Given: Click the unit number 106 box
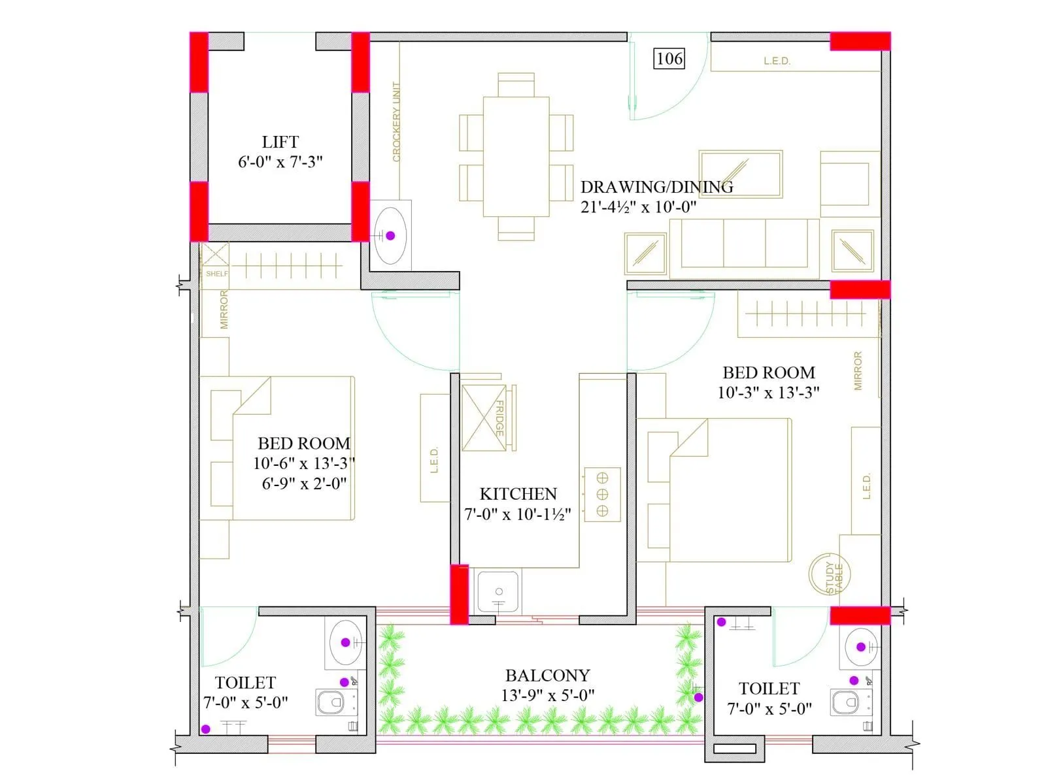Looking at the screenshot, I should tap(669, 59).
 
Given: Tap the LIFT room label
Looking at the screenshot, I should tap(280, 142).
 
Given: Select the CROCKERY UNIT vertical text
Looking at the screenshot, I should tap(396, 122).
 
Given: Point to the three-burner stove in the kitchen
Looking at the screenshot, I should tap(602, 494).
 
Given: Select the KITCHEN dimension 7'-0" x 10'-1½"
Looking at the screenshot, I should tap(518, 515).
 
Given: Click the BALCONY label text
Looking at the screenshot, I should tap(547, 676).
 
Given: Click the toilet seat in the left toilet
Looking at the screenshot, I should tap(331, 703).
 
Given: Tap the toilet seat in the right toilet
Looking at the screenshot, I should tap(847, 703).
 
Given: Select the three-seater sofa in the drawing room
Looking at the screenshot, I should tap(744, 245).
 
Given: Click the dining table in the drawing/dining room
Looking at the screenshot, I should tap(516, 156).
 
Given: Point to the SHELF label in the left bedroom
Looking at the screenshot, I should tap(216, 274).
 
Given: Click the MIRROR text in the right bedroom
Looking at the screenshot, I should tap(858, 371).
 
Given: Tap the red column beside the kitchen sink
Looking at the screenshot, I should tap(460, 594).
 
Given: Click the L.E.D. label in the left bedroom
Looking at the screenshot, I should tap(434, 460).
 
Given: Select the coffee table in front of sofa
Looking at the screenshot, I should tap(740, 174).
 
